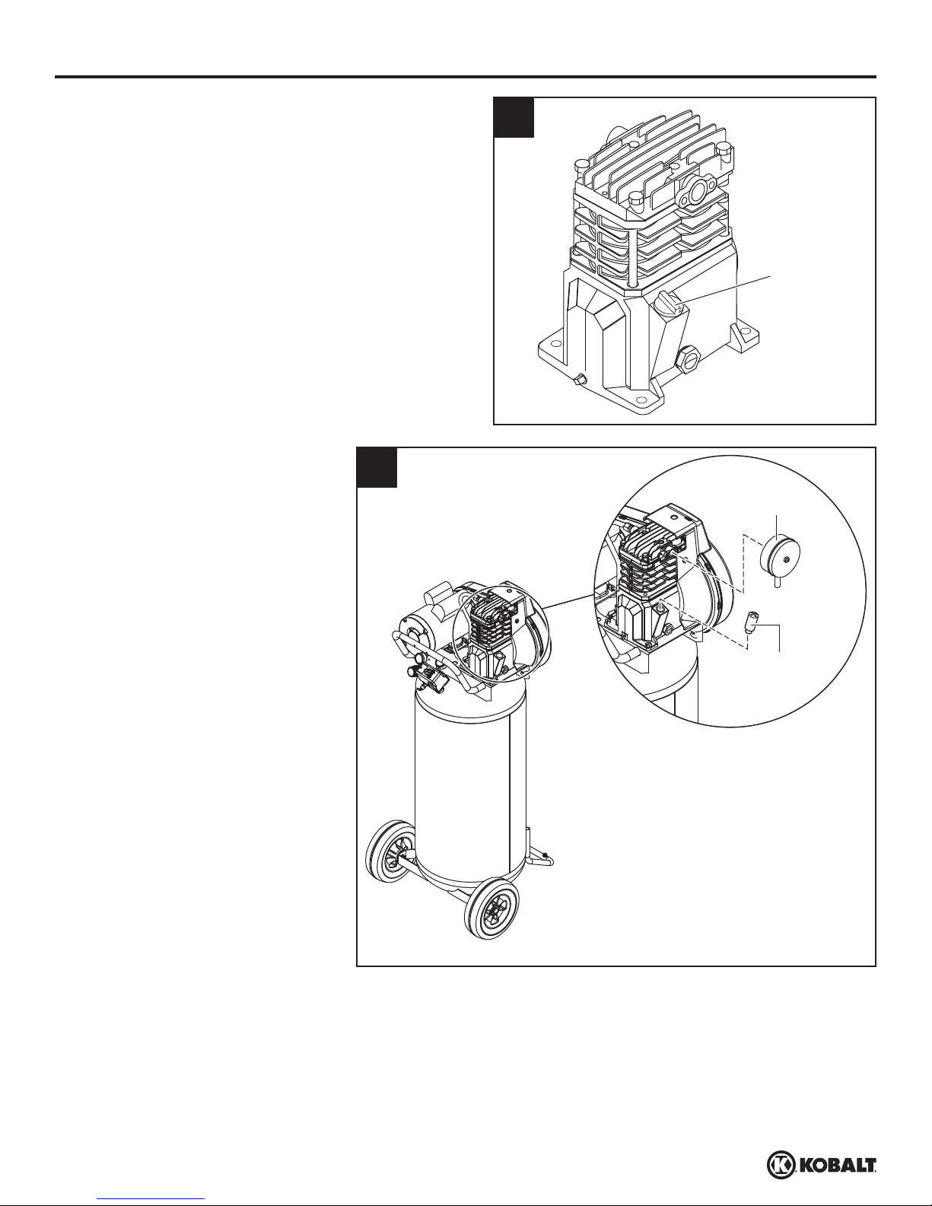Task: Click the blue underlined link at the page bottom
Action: pyautogui.click(x=151, y=1201)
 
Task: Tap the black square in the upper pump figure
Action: pyautogui.click(x=514, y=117)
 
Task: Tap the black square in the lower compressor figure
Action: pyautogui.click(x=377, y=467)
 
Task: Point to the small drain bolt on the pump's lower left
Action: pyautogui.click(x=581, y=380)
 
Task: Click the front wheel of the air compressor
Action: pyautogui.click(x=491, y=908)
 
